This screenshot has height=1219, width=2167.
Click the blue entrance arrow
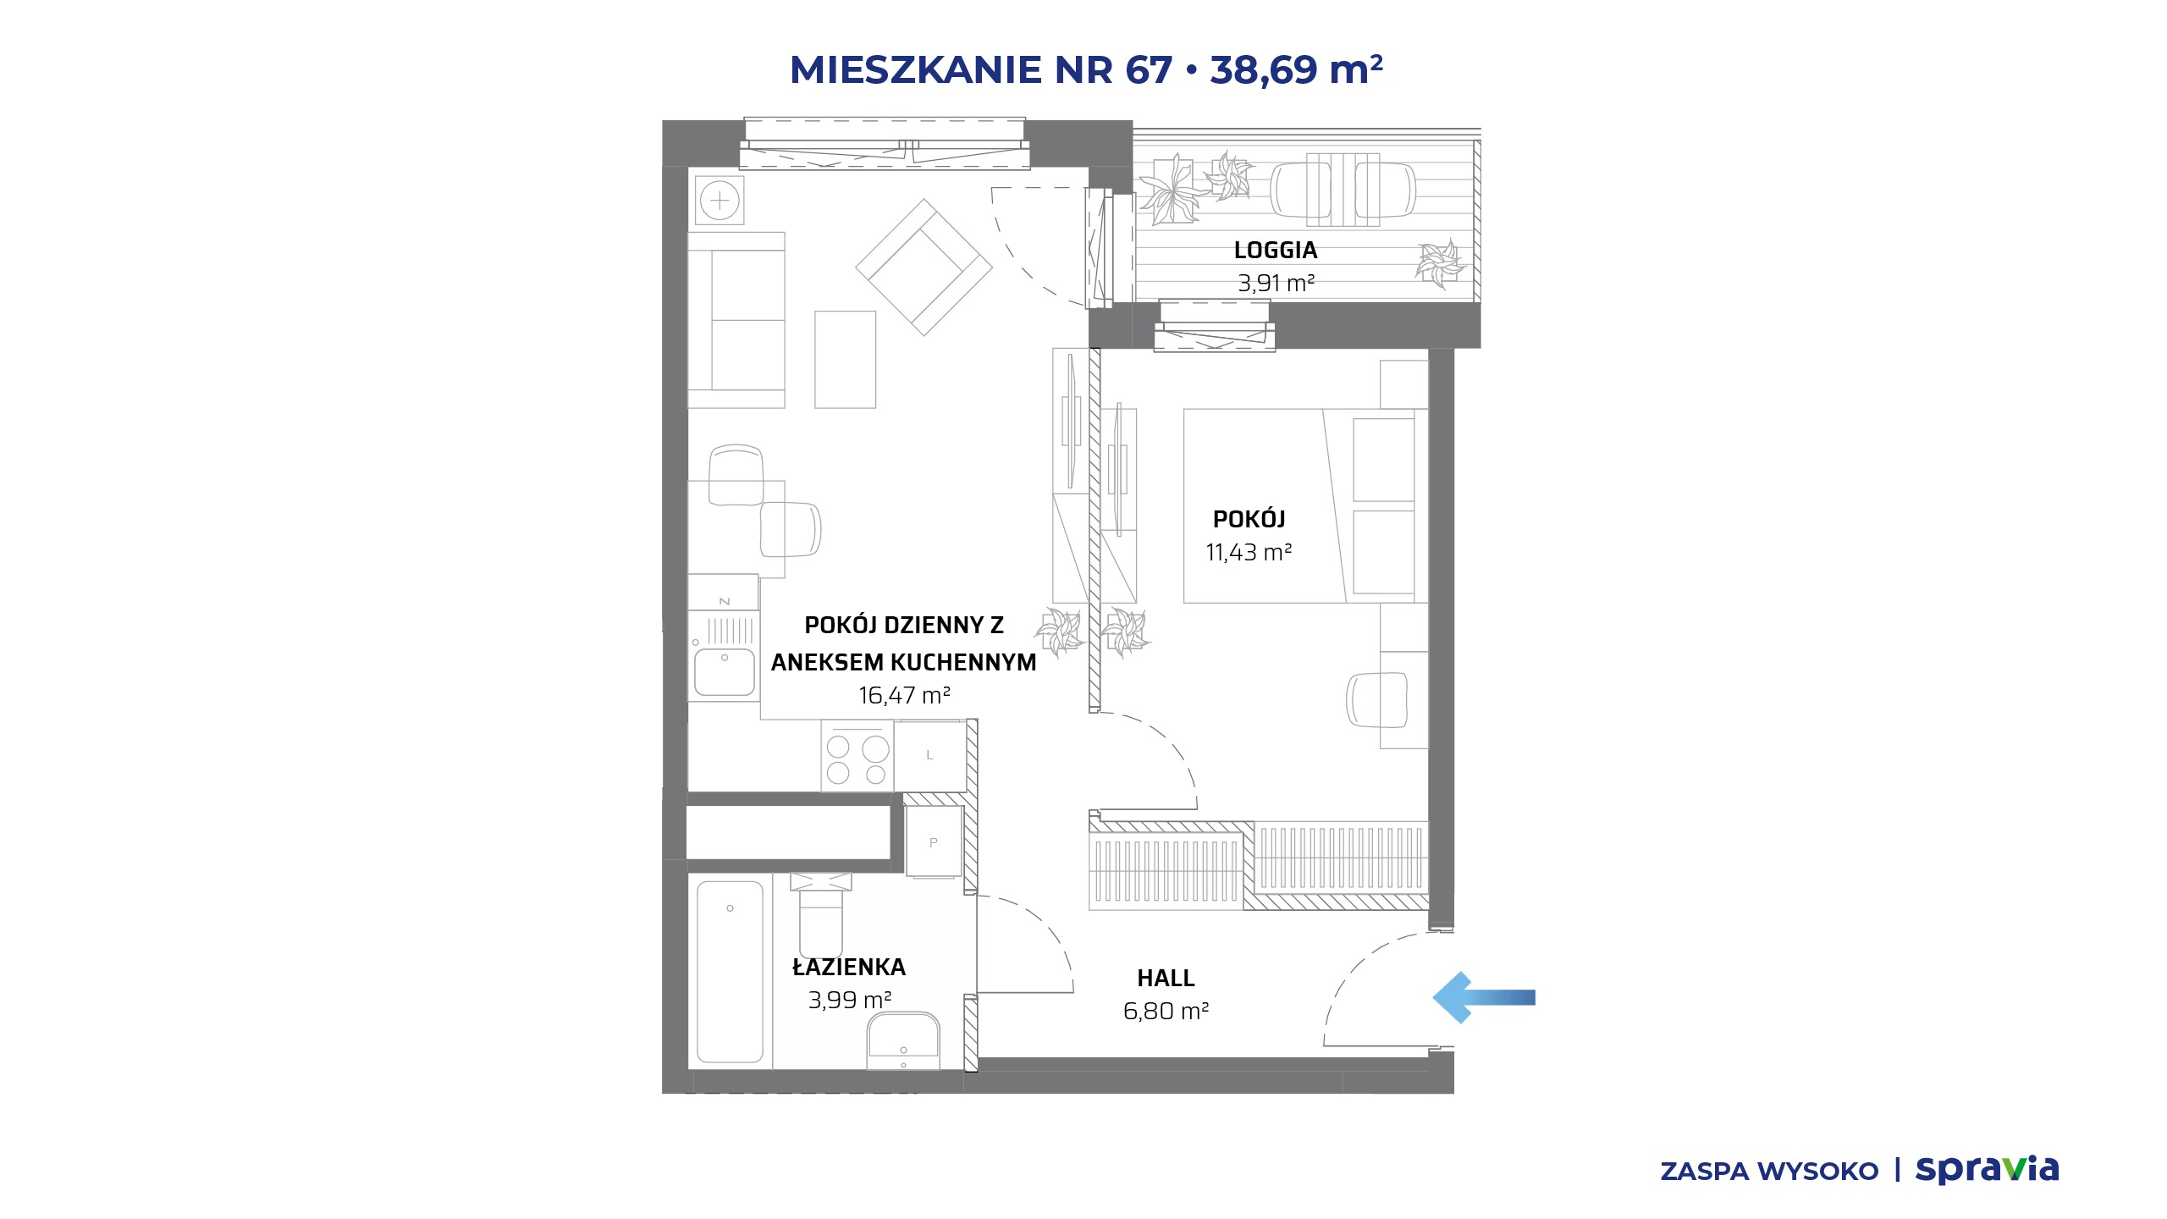pyautogui.click(x=1483, y=997)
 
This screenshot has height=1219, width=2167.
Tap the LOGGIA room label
pyautogui.click(x=1276, y=251)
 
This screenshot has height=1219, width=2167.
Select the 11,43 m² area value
pyautogui.click(x=1249, y=553)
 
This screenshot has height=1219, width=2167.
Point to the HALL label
pyautogui.click(x=1166, y=979)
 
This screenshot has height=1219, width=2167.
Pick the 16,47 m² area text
pyautogui.click(x=904, y=696)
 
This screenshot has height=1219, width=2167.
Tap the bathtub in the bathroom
pyautogui.click(x=730, y=972)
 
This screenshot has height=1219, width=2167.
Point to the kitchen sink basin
pyautogui.click(x=725, y=672)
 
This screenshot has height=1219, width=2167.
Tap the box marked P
pyautogui.click(x=934, y=841)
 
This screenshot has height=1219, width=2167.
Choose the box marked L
pyautogui.click(x=930, y=755)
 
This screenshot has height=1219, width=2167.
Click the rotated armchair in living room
pyautogui.click(x=924, y=268)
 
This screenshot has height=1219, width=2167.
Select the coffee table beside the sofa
pyautogui.click(x=845, y=360)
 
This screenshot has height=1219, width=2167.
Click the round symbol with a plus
pyautogui.click(x=720, y=201)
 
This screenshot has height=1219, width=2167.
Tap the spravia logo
pyautogui.click(x=1987, y=1170)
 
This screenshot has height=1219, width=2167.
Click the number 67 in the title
pyautogui.click(x=1149, y=69)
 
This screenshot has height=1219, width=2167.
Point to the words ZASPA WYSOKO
pyautogui.click(x=1769, y=1172)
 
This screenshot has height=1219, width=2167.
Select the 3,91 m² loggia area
pyautogui.click(x=1276, y=284)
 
